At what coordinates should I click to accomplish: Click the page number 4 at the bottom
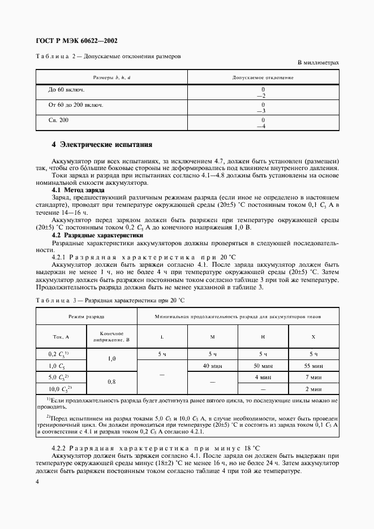point(37,482)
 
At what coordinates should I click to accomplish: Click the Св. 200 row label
point(58,121)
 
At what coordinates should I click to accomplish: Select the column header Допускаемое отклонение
point(263,76)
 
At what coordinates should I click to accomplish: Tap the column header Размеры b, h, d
point(111,76)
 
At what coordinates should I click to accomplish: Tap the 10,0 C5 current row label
point(59,389)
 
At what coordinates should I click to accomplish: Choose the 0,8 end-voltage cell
point(111,383)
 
